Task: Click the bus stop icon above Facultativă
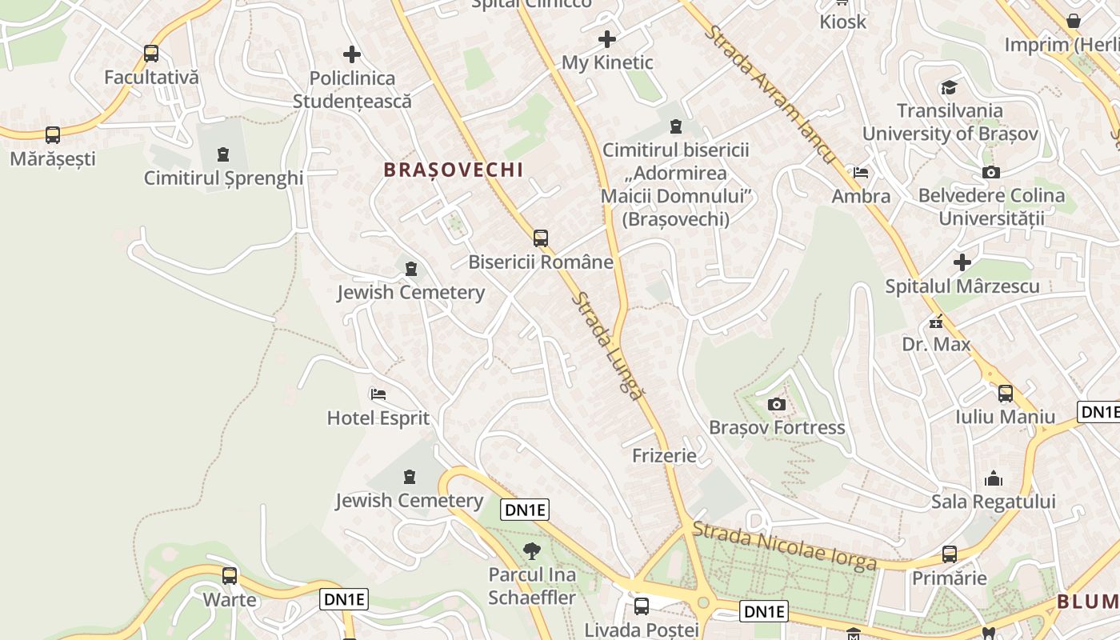[151, 54]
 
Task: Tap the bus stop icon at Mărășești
[53, 135]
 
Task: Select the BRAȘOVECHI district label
[454, 170]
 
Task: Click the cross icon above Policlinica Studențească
[352, 54]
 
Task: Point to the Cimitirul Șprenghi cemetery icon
[223, 154]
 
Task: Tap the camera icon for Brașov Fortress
[776, 404]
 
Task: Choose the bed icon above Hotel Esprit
[378, 394]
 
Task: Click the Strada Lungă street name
[607, 346]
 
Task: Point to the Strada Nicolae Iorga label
[784, 546]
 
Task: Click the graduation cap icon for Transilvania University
[949, 87]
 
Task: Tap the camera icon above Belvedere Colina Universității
[991, 172]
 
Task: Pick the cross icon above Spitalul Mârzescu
[962, 262]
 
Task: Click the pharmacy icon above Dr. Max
[936, 322]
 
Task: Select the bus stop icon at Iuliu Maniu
[1006, 393]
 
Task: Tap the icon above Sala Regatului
[994, 478]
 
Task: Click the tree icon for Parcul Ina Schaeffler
[531, 550]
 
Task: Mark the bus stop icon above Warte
[230, 575]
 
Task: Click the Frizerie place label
[664, 456]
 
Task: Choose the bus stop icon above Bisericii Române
[541, 238]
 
